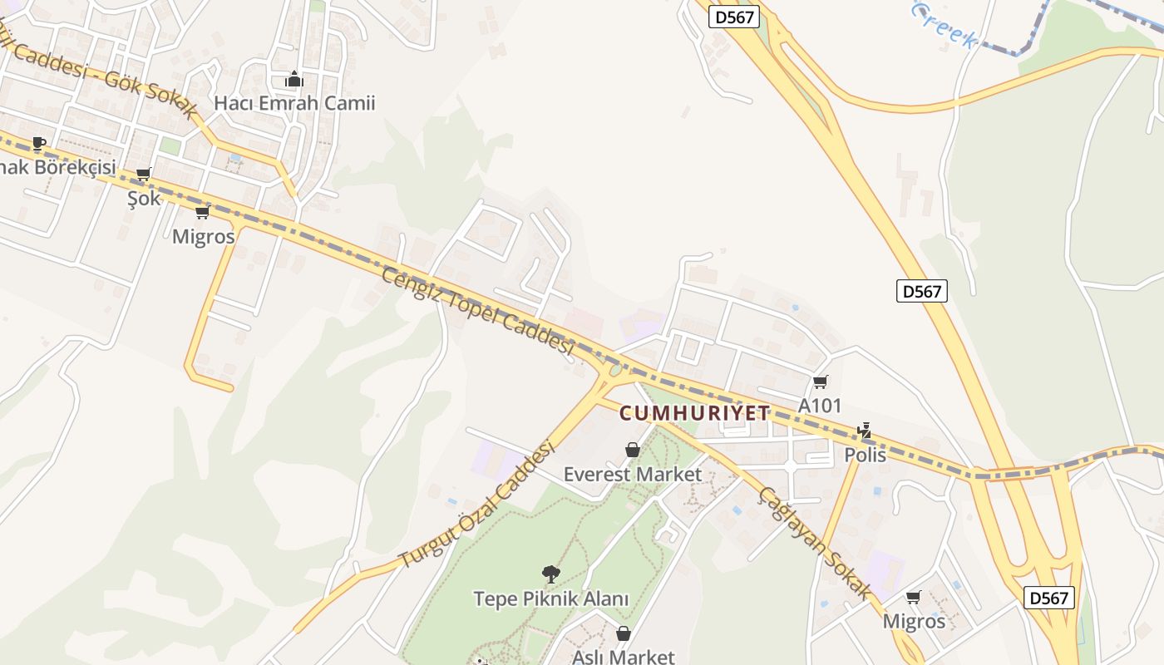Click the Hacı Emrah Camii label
click(294, 103)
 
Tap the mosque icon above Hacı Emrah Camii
click(293, 80)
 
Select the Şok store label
click(144, 198)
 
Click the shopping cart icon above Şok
click(143, 175)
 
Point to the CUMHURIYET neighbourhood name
click(695, 413)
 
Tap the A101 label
click(820, 406)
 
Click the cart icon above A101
click(820, 382)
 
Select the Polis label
click(865, 455)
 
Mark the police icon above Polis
click(865, 431)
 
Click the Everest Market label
click(633, 475)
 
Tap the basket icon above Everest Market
click(633, 450)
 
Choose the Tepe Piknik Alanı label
click(551, 598)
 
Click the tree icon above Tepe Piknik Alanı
click(550, 574)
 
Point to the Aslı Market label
click(624, 657)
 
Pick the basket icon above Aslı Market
click(624, 633)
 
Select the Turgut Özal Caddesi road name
click(477, 505)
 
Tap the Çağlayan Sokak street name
click(815, 542)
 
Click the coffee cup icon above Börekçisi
click(38, 143)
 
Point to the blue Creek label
click(944, 25)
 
